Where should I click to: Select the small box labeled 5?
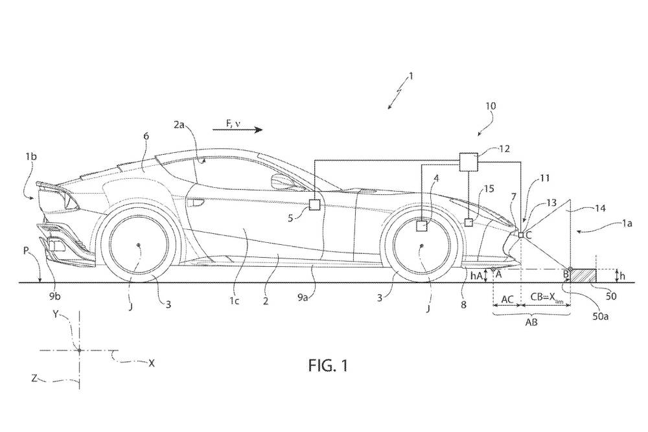tap(314, 205)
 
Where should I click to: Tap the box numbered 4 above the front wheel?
tap(422, 226)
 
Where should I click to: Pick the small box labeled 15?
tap(468, 222)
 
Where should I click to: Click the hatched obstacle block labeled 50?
tap(584, 275)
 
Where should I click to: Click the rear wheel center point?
tap(139, 245)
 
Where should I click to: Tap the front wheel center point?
tap(421, 245)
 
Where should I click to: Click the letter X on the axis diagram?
tap(152, 363)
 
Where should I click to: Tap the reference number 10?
tap(491, 105)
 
